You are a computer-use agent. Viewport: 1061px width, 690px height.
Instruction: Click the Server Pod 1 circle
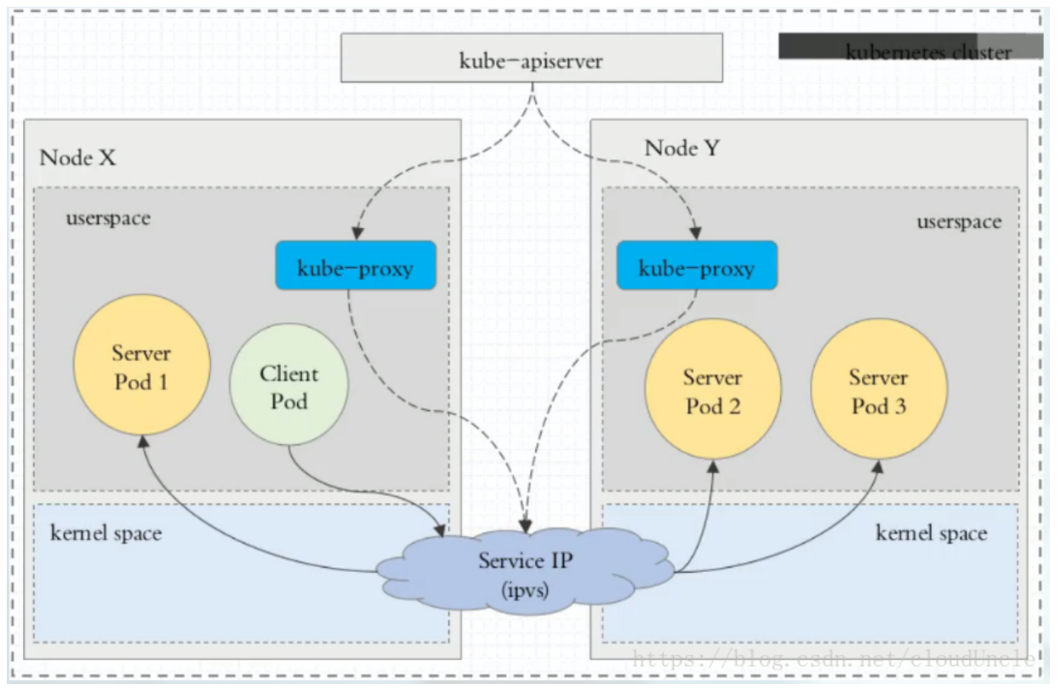click(x=142, y=367)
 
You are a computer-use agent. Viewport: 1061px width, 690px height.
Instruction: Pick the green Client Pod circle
click(x=289, y=386)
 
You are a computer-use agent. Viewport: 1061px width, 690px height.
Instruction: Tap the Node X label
click(x=77, y=157)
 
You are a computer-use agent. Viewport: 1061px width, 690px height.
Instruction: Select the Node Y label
click(x=682, y=148)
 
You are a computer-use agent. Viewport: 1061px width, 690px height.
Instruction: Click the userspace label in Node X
click(x=108, y=218)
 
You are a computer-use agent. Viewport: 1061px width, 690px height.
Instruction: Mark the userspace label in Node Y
click(x=959, y=221)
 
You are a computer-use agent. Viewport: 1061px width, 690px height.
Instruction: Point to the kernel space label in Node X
click(x=106, y=533)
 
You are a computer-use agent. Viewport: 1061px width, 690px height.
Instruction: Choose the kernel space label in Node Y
click(x=932, y=533)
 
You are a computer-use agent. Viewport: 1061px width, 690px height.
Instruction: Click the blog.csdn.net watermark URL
click(x=834, y=658)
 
